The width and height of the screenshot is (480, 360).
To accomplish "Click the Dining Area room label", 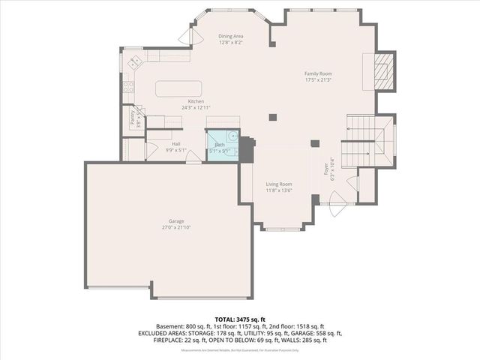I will coord(231,36).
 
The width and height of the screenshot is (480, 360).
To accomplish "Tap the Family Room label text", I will coord(318,73).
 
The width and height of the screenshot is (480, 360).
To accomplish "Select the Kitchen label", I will coord(196,101).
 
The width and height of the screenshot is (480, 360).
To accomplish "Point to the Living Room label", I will coord(279,184).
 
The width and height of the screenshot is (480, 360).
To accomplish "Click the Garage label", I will coord(176,221).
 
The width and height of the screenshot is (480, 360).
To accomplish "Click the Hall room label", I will coord(176,143).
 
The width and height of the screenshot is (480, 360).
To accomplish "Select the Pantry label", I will coord(132,118).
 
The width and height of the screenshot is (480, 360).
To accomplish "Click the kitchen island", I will coord(178,88).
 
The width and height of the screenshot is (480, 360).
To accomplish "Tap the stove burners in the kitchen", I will coord(128,85).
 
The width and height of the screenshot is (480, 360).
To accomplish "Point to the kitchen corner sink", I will coord(136,61).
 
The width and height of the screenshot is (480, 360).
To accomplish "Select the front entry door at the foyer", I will coord(337,199).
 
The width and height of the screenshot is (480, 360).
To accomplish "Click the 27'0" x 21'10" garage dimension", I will coord(176,227).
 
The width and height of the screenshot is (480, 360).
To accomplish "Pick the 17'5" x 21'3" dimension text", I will coord(318,80).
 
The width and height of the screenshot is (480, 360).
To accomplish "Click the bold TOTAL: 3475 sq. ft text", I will coord(239,319).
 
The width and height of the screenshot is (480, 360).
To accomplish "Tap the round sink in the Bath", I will coord(233,136).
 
